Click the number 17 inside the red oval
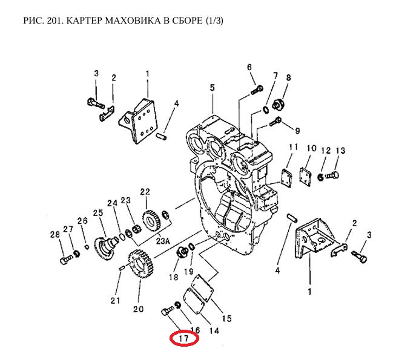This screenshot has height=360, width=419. (x=184, y=339)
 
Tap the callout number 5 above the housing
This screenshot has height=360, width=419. (x=212, y=88)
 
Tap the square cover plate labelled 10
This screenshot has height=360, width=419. (x=309, y=175)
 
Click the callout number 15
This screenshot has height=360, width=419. (x=226, y=318)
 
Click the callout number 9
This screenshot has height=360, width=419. (x=297, y=130)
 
